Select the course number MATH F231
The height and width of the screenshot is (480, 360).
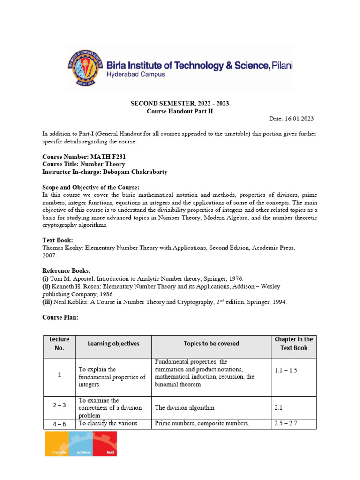[x=108, y=157]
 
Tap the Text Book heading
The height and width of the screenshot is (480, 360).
[x=58, y=240]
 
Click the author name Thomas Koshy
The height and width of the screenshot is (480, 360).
[x=62, y=247]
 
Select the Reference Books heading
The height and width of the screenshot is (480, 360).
[x=66, y=271]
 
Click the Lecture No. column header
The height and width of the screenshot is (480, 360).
[x=59, y=344]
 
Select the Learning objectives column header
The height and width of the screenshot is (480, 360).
[x=113, y=344]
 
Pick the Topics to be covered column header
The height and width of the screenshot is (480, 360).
[x=211, y=344]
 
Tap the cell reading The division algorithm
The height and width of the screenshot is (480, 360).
[x=185, y=408]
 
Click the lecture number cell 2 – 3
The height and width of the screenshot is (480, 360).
[x=59, y=408]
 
